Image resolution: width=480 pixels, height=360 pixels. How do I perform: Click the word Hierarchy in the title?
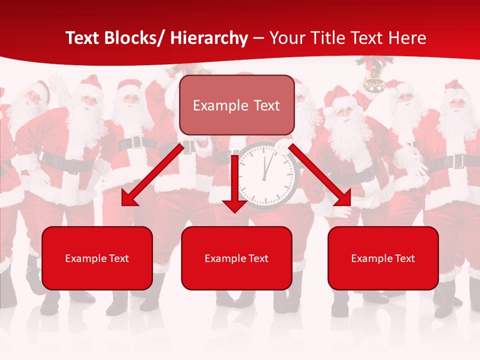(x=208, y=38)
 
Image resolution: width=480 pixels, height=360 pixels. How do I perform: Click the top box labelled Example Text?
(x=236, y=105)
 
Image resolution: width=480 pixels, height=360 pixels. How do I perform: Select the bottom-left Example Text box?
(x=97, y=258)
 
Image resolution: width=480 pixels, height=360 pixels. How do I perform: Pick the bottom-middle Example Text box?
(x=236, y=258)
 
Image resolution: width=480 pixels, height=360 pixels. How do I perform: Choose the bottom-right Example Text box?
(x=383, y=258)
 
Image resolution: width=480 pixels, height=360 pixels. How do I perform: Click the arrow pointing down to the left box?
(x=152, y=175)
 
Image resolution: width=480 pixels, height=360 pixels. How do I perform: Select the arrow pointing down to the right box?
(x=320, y=175)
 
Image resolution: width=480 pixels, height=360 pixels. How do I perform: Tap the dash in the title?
(x=258, y=38)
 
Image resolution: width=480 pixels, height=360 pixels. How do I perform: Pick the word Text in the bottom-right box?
(x=404, y=258)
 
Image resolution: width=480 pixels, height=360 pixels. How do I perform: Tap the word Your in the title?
(x=286, y=38)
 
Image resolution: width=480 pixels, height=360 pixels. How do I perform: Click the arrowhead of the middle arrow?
(x=234, y=205)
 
